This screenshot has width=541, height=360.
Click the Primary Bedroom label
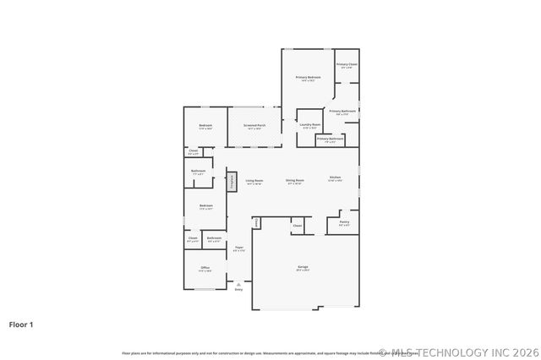[308, 78]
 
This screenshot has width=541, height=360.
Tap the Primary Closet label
[347, 65]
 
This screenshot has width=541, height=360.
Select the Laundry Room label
[310, 125]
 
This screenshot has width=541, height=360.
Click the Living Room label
[254, 180]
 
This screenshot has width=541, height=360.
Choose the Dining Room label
[294, 180]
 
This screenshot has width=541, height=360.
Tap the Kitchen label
[335, 177]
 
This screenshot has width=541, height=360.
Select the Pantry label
[344, 223]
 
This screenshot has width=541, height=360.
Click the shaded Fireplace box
[230, 183]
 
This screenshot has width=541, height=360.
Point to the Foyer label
[239, 248]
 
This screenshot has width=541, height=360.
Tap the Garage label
[302, 268]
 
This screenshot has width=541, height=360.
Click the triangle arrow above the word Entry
[238, 285]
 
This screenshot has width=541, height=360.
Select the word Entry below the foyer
[238, 290]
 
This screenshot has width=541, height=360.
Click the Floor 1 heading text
[21, 324]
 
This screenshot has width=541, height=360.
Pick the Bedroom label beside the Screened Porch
[205, 126]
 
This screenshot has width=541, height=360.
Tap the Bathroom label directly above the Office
[214, 238]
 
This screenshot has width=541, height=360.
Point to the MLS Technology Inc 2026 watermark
[456, 352]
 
